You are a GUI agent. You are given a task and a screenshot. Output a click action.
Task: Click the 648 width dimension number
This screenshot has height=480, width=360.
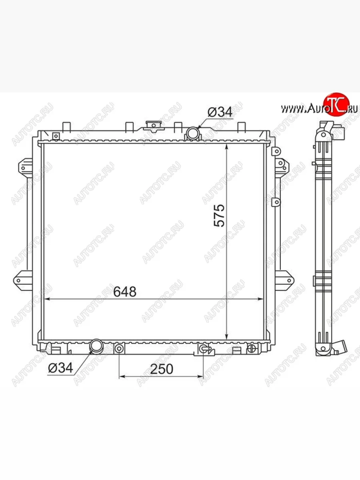tap(125, 292)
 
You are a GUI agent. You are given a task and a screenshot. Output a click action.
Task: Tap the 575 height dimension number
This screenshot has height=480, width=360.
tap(219, 215)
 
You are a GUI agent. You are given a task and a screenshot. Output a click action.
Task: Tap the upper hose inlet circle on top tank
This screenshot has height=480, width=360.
tap(193, 133)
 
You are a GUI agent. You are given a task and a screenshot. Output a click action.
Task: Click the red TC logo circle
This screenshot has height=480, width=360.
tap(336, 104)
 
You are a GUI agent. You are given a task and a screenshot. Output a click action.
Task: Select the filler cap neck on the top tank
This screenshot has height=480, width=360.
tap(154, 126)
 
